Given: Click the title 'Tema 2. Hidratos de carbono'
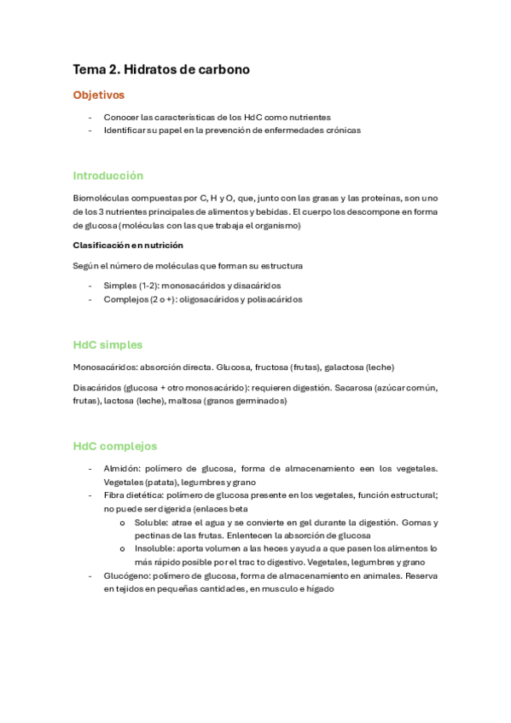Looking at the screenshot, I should (x=161, y=70).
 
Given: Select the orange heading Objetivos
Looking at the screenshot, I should (x=99, y=95).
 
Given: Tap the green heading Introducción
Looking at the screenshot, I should (x=108, y=176).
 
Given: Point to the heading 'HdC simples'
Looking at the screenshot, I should (x=107, y=345).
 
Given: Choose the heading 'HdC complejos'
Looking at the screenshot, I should (x=115, y=446).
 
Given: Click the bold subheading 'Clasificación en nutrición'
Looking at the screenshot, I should (x=128, y=246).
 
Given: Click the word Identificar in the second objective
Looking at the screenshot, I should (x=125, y=130).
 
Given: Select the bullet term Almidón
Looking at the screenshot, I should (x=121, y=468).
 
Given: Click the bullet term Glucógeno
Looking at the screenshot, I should (x=126, y=576).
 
